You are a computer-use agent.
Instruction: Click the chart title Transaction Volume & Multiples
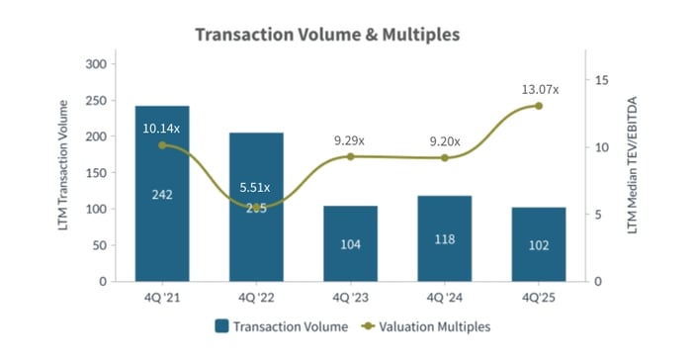[x=327, y=35]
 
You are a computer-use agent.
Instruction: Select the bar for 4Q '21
[x=162, y=194]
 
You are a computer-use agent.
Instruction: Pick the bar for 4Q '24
[x=444, y=238]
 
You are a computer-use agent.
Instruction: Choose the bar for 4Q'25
[x=539, y=244]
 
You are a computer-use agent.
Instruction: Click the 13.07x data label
[x=540, y=90]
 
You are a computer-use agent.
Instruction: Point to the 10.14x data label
[x=162, y=128]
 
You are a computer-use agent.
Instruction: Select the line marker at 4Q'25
[x=539, y=105]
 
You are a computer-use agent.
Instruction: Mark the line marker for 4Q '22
[x=256, y=208]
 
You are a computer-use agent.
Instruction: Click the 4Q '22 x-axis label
[x=255, y=296]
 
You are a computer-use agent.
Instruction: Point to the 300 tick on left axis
[x=96, y=64]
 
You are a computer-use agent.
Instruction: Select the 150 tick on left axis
[x=96, y=173]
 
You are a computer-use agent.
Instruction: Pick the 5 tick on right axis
[x=598, y=215]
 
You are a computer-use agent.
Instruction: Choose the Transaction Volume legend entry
[x=281, y=325]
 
